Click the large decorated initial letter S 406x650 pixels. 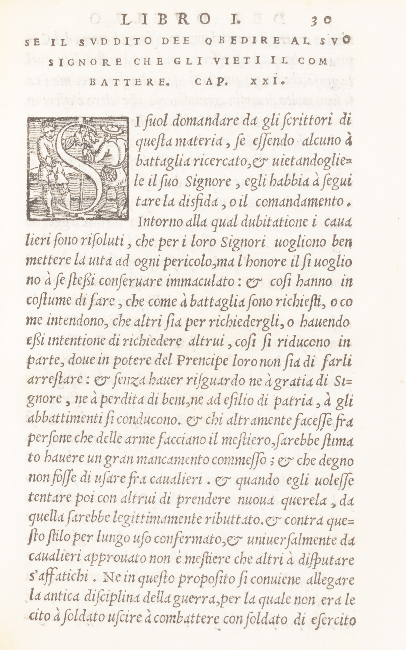(78, 168)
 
